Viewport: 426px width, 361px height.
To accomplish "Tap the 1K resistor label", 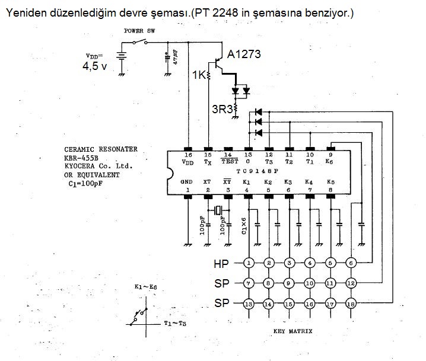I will (199, 75).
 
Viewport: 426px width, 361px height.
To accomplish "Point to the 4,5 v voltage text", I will (95, 66).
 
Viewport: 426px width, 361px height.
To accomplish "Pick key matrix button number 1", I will (250, 263).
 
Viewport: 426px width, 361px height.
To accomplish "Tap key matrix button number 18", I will (351, 304).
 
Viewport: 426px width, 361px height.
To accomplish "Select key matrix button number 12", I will (351, 283).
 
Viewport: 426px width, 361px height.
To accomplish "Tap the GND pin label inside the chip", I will (187, 182).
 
